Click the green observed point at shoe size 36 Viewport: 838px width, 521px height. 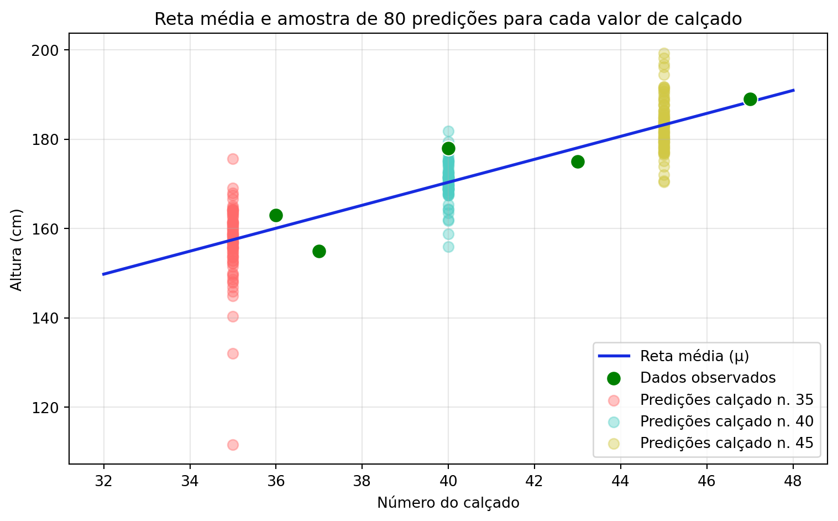[276, 215]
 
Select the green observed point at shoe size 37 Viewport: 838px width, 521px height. [319, 251]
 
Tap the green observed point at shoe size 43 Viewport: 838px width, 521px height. [578, 161]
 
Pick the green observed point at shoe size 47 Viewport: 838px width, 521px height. [750, 99]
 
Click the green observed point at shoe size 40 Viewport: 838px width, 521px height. [448, 148]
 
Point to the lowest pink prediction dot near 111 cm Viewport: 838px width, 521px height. [233, 445]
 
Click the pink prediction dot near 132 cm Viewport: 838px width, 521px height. [233, 353]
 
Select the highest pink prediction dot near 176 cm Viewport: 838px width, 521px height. [233, 159]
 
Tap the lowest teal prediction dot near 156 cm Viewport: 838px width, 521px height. [448, 247]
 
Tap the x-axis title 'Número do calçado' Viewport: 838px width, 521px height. [448, 503]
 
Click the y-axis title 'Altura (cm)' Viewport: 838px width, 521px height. [17, 250]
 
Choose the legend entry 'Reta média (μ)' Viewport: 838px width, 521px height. [694, 356]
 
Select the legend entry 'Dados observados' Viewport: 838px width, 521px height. [708, 378]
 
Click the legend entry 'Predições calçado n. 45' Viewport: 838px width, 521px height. [726, 443]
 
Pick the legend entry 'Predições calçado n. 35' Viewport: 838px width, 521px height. [726, 399]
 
